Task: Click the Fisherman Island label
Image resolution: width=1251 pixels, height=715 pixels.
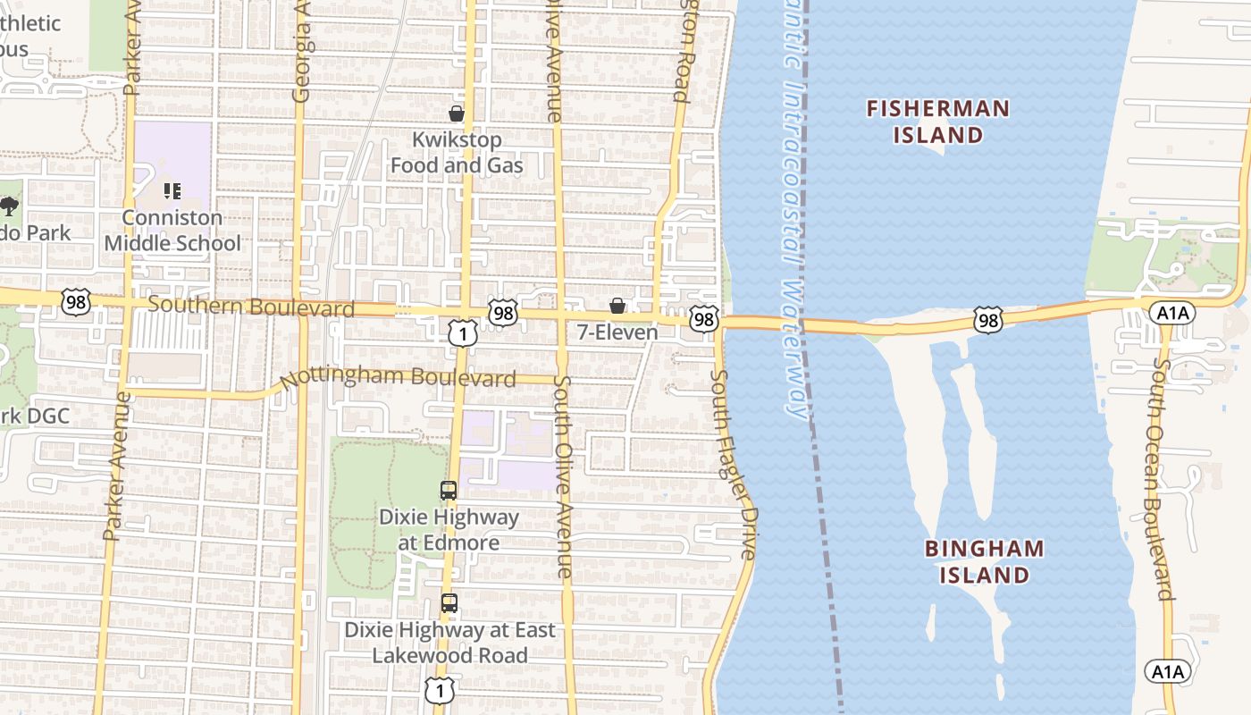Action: pyautogui.click(x=938, y=122)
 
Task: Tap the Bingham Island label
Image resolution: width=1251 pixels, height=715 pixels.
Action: pyautogui.click(x=984, y=561)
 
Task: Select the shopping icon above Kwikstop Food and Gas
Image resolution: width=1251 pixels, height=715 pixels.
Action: pyautogui.click(x=457, y=114)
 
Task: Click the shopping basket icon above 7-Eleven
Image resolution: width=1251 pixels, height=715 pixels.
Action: pyautogui.click(x=617, y=307)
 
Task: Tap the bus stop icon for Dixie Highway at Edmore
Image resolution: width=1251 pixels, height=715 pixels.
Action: pyautogui.click(x=449, y=491)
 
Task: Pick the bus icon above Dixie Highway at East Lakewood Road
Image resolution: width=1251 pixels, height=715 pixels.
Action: pyautogui.click(x=449, y=603)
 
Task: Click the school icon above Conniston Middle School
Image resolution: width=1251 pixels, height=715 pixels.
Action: pyautogui.click(x=172, y=191)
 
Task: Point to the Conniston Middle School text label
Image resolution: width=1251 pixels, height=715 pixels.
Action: pyautogui.click(x=172, y=231)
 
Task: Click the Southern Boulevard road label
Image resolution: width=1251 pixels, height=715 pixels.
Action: pyautogui.click(x=251, y=307)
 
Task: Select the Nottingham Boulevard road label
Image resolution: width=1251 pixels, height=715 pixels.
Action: pyautogui.click(x=398, y=378)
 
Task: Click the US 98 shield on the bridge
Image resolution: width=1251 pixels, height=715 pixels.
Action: pyautogui.click(x=988, y=319)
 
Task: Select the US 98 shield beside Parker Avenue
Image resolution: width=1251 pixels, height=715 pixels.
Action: pyautogui.click(x=76, y=301)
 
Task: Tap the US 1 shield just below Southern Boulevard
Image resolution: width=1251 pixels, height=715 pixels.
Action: pyautogui.click(x=462, y=333)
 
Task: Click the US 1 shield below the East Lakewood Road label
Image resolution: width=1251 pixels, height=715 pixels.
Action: pyautogui.click(x=440, y=690)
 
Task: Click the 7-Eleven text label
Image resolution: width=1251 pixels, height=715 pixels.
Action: pyautogui.click(x=617, y=332)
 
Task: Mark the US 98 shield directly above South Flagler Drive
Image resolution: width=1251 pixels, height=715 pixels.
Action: pyautogui.click(x=704, y=319)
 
